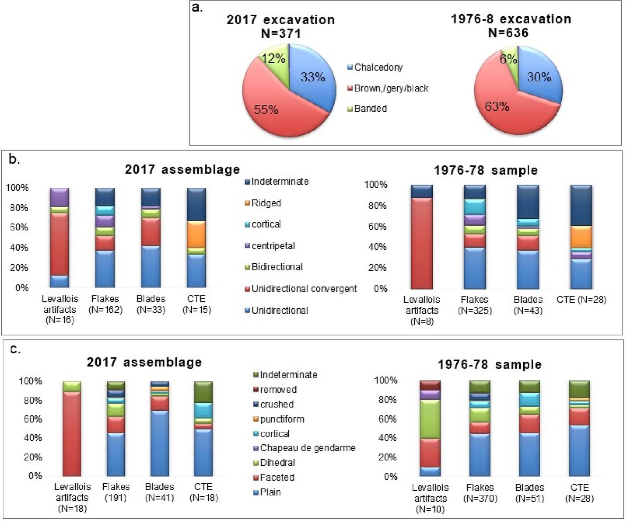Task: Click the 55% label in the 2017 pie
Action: click(266, 109)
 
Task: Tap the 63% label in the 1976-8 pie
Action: click(497, 107)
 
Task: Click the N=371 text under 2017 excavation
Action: click(281, 33)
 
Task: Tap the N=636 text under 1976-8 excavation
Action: click(508, 33)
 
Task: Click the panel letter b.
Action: click(14, 159)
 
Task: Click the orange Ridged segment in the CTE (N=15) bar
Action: click(196, 234)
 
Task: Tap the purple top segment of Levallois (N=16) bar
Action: click(59, 197)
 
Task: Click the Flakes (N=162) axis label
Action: click(105, 304)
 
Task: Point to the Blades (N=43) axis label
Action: click(528, 305)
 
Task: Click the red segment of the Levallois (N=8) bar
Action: click(422, 243)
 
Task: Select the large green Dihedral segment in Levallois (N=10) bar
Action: click(430, 419)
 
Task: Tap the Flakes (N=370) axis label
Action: click(480, 493)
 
